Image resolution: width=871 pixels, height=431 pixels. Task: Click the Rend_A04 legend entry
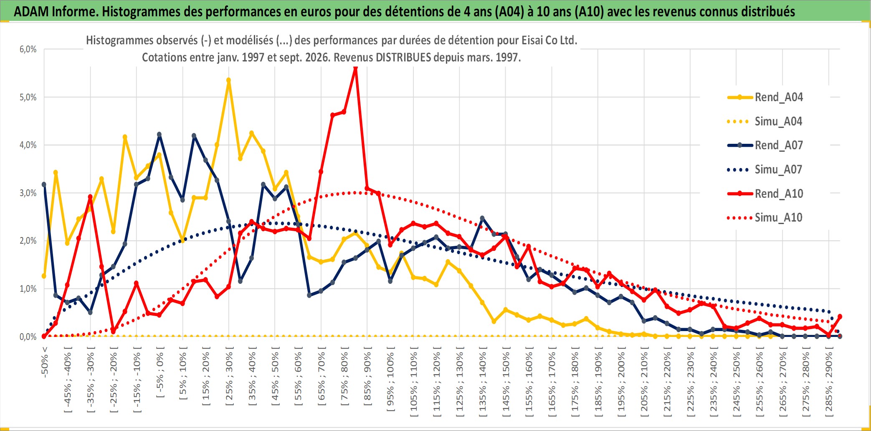765,97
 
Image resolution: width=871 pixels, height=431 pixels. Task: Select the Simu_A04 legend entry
765,122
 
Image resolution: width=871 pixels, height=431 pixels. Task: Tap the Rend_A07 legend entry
765,145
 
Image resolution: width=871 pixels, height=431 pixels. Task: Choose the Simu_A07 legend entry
765,170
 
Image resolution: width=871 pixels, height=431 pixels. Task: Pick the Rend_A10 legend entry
765,194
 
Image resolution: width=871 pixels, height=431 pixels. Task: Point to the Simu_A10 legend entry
765,217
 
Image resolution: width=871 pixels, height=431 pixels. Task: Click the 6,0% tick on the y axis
28,49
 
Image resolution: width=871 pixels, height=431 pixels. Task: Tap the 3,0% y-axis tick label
28,193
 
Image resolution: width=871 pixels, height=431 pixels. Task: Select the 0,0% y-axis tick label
28,337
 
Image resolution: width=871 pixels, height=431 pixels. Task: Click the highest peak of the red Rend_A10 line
355,68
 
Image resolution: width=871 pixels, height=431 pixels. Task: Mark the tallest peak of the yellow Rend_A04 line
228,80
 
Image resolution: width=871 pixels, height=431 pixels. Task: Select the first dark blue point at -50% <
44,184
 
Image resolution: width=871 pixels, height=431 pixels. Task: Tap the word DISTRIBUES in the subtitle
403,57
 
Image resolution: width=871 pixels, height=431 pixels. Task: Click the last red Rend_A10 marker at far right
840,316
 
